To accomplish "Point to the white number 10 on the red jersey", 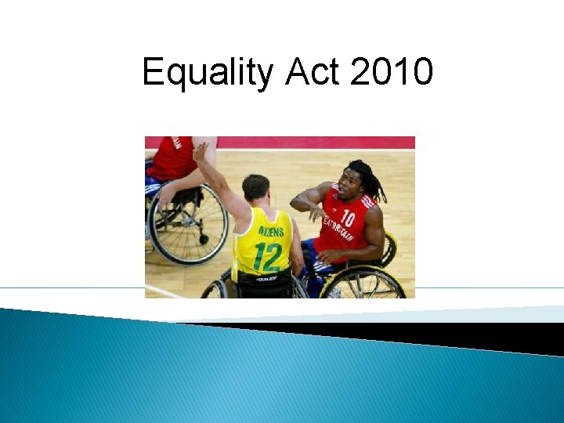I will point(348,218).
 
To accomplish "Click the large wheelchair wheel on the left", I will point(187,224).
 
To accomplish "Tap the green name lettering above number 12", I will point(266,232).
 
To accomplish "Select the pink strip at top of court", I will point(313,143).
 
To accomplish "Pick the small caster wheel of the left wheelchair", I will point(204,238).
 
